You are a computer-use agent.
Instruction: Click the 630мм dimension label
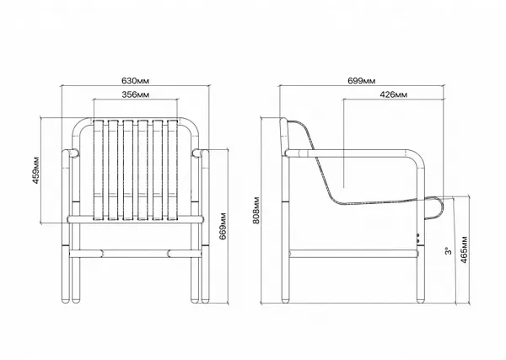coord(135,81)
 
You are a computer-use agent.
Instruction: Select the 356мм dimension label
coord(136,94)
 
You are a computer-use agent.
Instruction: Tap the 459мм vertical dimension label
coord(35,170)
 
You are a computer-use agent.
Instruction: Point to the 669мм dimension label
coord(223,226)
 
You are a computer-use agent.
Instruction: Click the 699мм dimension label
coord(362,81)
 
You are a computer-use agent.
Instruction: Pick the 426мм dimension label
coord(393,94)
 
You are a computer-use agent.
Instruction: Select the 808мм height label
coord(256,210)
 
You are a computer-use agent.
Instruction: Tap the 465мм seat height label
coord(464,250)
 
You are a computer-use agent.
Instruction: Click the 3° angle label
coord(449,251)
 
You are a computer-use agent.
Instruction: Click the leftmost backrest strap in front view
coord(98,170)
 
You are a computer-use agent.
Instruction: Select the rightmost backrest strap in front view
coord(173,170)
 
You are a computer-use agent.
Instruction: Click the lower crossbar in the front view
coord(136,254)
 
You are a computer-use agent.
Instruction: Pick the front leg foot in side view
coord(420,300)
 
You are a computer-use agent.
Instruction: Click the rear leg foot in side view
coord(285,300)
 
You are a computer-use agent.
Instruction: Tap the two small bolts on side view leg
coord(418,239)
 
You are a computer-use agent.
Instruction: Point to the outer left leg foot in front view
coord(66,300)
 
